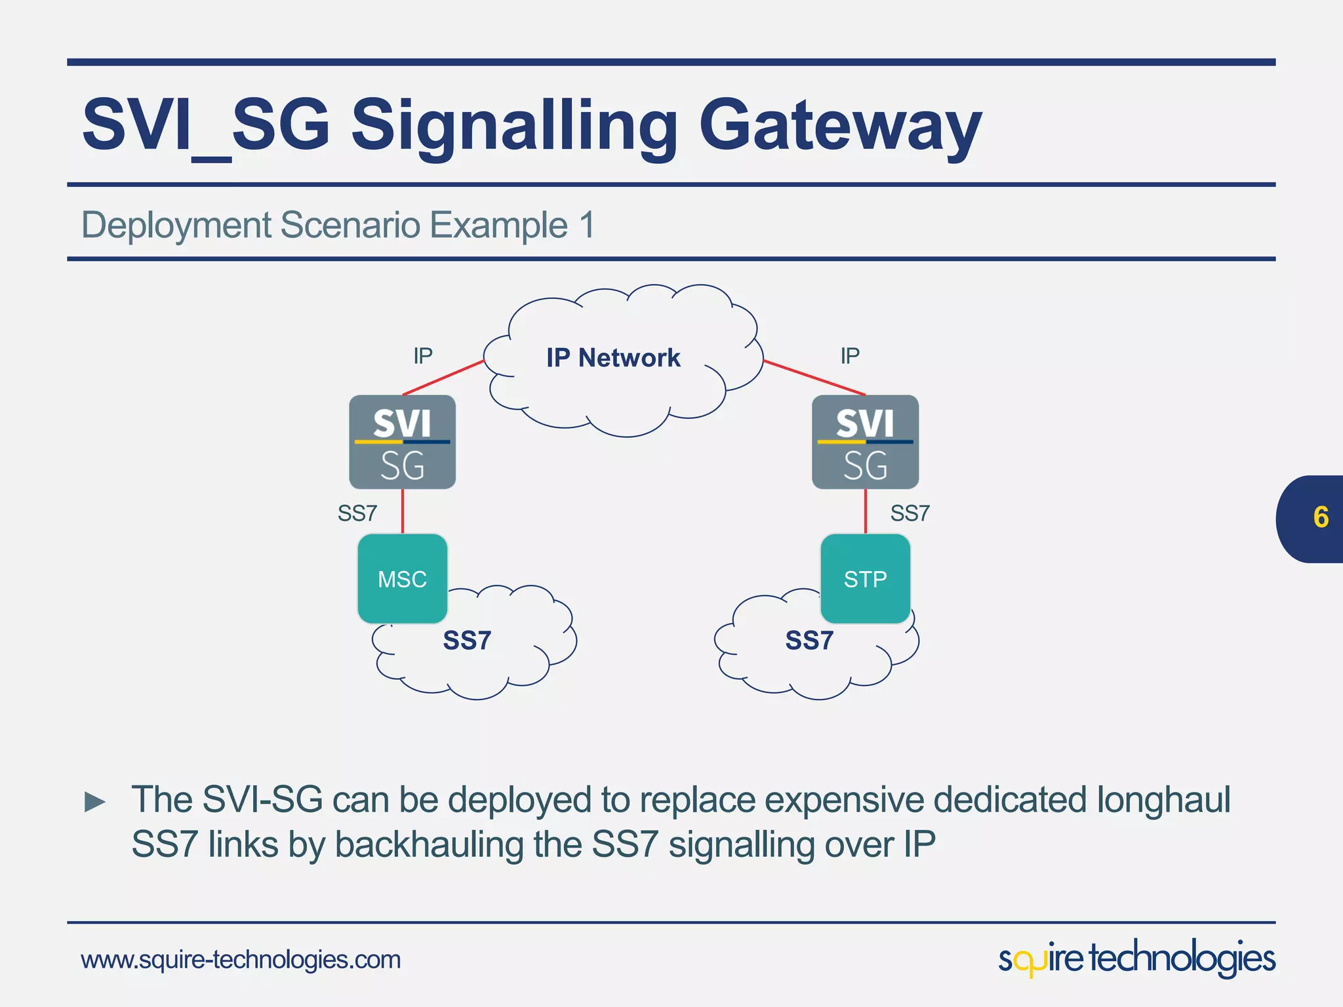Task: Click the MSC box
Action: [x=402, y=578]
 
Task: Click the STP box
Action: [x=865, y=578]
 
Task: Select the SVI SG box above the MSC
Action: [x=402, y=442]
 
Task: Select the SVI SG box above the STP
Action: [x=865, y=442]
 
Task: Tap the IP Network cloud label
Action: [x=613, y=358]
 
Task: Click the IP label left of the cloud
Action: [x=423, y=356]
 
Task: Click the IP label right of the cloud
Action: [x=850, y=356]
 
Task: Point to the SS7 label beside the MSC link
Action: [x=357, y=513]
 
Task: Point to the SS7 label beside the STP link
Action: [x=910, y=513]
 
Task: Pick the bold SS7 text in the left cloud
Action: [x=467, y=641]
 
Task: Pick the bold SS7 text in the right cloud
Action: [x=809, y=641]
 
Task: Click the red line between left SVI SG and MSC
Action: [x=403, y=511]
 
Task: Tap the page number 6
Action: [x=1321, y=518]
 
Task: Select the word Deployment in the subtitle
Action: [x=176, y=226]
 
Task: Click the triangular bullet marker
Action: [x=95, y=802]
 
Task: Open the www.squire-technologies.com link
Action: [x=241, y=960]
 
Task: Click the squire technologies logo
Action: [x=1136, y=958]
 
